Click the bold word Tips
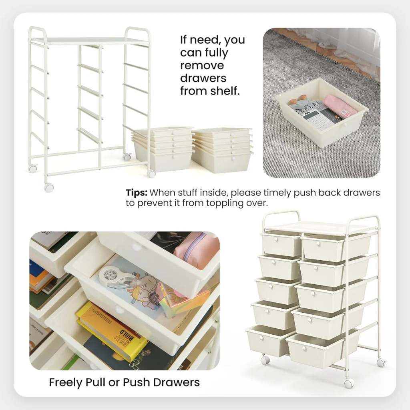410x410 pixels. coord(137,193)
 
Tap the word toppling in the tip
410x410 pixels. coord(225,203)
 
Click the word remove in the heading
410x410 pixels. coord(202,65)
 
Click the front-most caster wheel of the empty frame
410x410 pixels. coord(49,187)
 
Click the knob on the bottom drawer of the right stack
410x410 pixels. coord(233,159)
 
